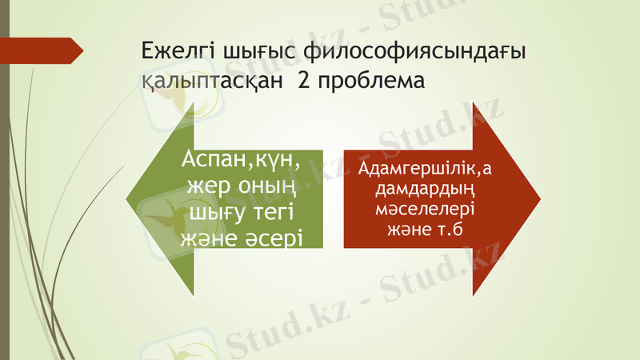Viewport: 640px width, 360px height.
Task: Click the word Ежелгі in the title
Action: click(x=171, y=53)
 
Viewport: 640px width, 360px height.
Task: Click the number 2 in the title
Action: click(x=304, y=81)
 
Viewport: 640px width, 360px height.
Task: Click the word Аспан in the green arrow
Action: click(x=210, y=160)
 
